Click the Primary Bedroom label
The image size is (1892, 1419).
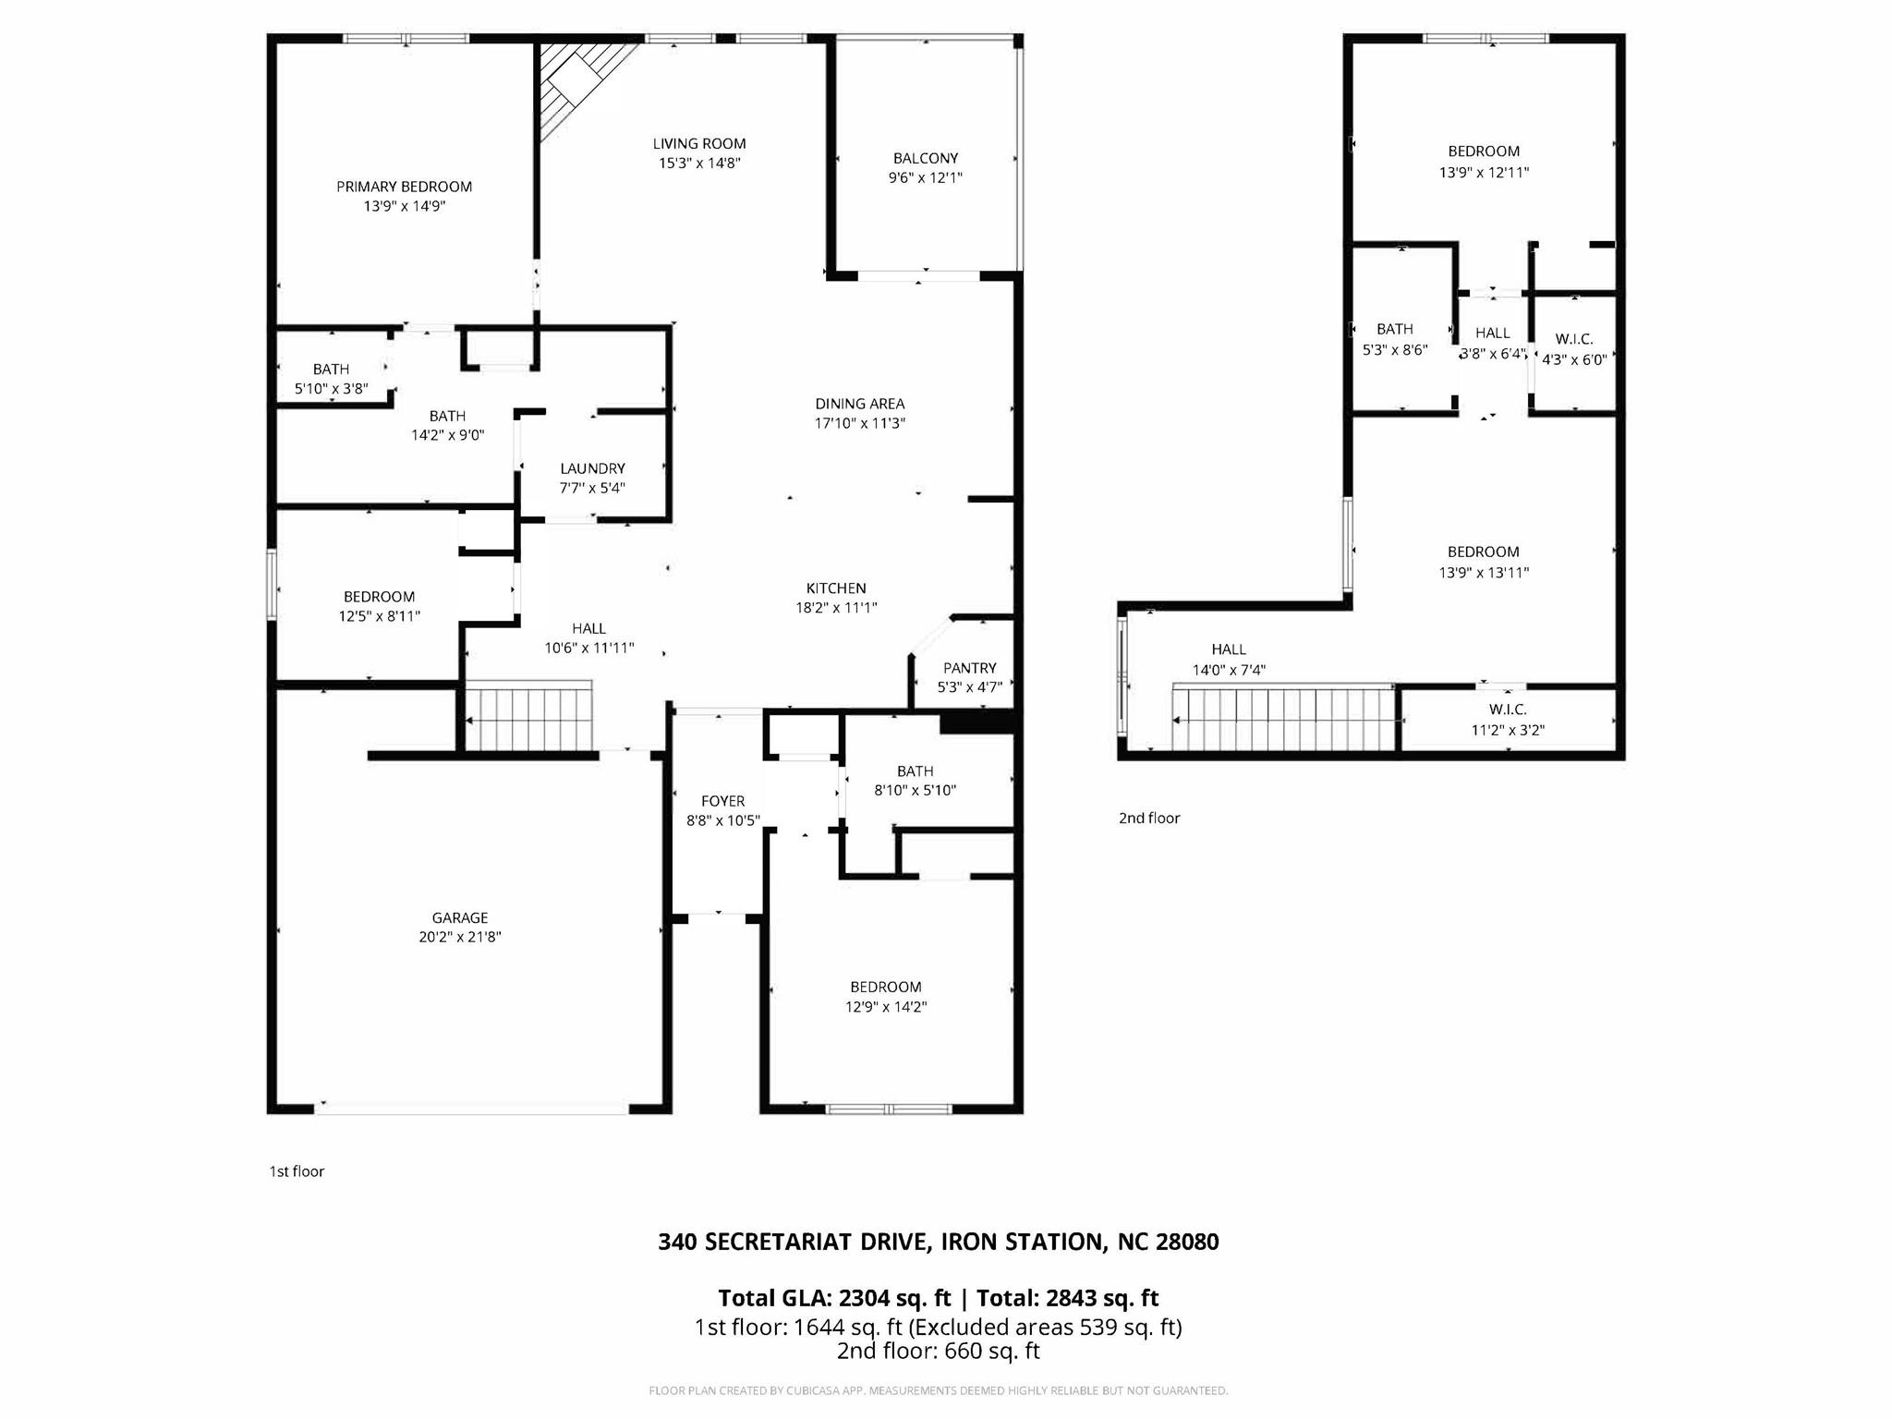point(404,187)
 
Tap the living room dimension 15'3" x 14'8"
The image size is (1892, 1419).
point(699,164)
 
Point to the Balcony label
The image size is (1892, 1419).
point(925,158)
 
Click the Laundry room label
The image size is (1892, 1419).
point(592,468)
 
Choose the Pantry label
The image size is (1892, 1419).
point(969,668)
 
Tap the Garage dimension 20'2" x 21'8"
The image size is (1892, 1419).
point(459,937)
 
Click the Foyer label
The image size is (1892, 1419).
point(722,801)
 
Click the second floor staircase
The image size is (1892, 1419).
point(1284,718)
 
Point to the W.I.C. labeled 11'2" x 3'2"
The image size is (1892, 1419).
point(1508,720)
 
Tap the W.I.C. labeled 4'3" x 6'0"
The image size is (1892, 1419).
point(1574,349)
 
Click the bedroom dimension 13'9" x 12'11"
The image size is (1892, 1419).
point(1484,172)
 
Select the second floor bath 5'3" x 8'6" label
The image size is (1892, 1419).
point(1394,339)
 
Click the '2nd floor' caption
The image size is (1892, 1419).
point(1149,818)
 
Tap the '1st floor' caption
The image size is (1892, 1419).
point(297,1171)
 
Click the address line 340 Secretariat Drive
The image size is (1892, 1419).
point(938,1242)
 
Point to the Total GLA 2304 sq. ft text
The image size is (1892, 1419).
point(834,1298)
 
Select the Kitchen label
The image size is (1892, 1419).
point(835,588)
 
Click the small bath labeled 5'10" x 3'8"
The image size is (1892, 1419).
point(331,379)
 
